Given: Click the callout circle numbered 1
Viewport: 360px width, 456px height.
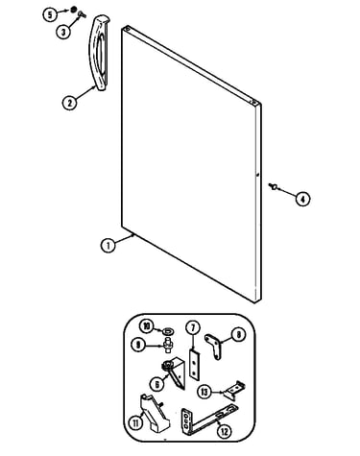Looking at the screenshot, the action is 108,246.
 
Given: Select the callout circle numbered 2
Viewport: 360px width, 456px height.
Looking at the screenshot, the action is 69,103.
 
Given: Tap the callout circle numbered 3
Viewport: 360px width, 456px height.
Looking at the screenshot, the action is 63,32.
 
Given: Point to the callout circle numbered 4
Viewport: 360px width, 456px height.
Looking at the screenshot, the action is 302,199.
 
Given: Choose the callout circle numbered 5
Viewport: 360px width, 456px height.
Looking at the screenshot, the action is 50,15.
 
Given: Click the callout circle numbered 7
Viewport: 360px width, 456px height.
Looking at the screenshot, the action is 193,328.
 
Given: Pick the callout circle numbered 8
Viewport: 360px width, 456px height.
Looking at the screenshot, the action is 238,335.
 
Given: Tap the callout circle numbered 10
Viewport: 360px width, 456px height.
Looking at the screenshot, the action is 147,326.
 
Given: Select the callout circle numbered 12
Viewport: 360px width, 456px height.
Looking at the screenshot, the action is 225,431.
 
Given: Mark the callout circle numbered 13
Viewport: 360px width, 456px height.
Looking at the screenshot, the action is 204,392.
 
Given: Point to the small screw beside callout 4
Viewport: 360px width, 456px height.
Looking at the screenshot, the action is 273,185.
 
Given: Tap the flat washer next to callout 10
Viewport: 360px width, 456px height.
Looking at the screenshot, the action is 168,331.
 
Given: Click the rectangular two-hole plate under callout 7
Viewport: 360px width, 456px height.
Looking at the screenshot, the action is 194,365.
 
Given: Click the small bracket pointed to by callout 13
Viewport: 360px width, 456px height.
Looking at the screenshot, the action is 234,390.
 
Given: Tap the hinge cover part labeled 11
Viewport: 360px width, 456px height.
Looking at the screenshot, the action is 154,413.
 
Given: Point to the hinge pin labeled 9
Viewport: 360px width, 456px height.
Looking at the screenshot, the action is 169,345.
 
